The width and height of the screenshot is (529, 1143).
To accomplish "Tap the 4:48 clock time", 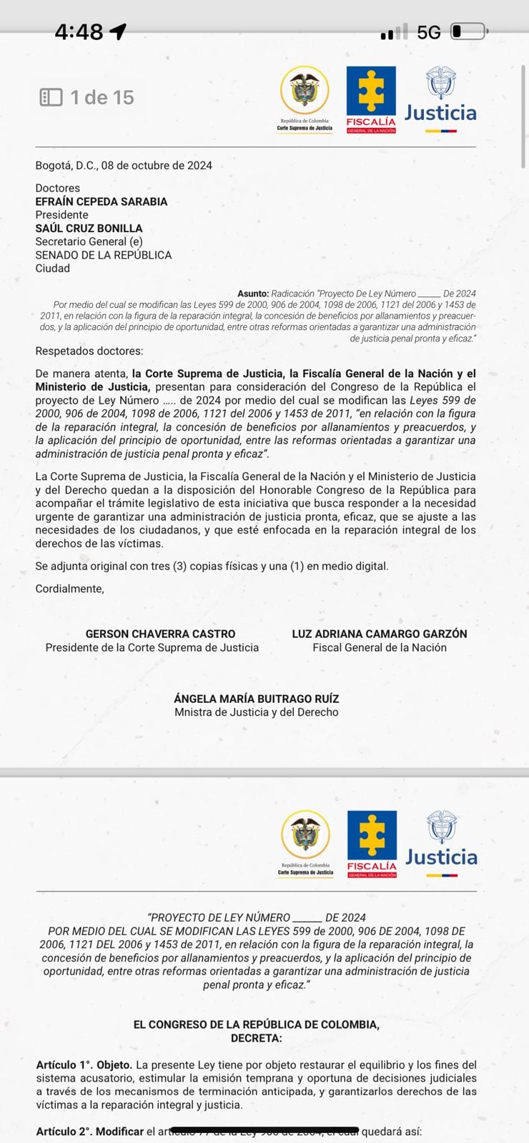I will pos(79,32).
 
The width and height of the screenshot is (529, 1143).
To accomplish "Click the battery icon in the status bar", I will pos(468,32).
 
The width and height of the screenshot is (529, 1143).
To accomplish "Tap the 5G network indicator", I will pos(429,32).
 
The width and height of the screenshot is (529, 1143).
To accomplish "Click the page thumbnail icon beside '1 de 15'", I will pos(51,97).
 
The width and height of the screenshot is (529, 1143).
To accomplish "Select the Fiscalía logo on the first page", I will pos(371,100).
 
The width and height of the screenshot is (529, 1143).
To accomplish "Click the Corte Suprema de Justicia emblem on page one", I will pos(305,98).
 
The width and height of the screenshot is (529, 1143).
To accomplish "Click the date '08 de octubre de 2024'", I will pos(157,166).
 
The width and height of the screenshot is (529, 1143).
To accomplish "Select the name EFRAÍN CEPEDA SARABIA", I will pos(102,201).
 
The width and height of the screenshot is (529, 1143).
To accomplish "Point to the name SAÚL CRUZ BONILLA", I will pos(89,229).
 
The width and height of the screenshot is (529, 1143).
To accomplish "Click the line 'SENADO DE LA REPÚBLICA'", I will pos(104,255).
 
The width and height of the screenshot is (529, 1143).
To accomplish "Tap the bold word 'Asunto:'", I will pos(253,294).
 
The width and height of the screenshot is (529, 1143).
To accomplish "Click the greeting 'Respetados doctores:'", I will pos(89,351).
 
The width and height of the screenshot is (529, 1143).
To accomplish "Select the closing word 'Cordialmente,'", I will pos(70,589).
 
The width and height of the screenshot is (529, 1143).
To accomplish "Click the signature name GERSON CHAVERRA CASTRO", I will pos(160,634).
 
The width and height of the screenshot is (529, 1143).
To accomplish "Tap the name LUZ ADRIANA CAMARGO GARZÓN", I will pos(380,634).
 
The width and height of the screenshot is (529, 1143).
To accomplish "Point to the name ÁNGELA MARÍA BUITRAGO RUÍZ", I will pos(257,699).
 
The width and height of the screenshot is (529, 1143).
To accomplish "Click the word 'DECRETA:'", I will pos(257,1038).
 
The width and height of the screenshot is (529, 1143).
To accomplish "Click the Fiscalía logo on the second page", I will pos(372,844).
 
